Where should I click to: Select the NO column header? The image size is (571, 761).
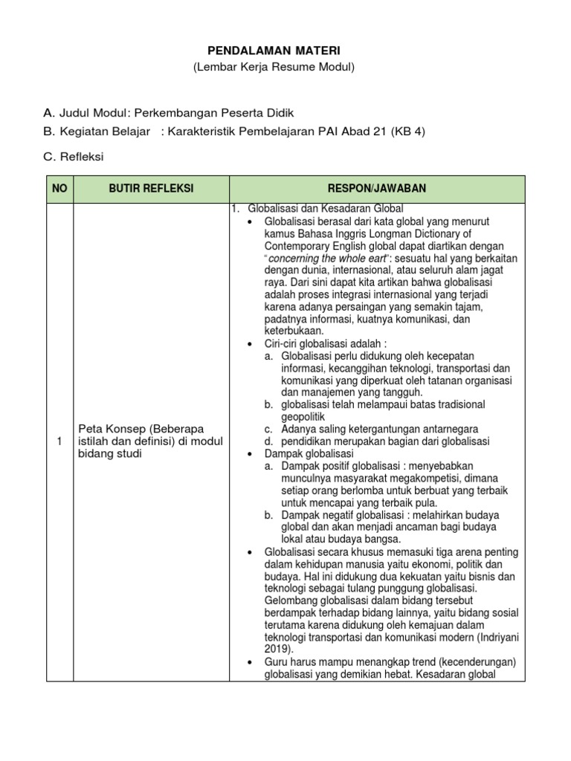59,189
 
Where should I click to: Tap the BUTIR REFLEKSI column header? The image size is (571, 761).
152,189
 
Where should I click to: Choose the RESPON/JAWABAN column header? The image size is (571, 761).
377,189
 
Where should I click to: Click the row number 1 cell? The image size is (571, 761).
59,441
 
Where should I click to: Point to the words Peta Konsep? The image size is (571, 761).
110,430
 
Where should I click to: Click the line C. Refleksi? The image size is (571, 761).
74,157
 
